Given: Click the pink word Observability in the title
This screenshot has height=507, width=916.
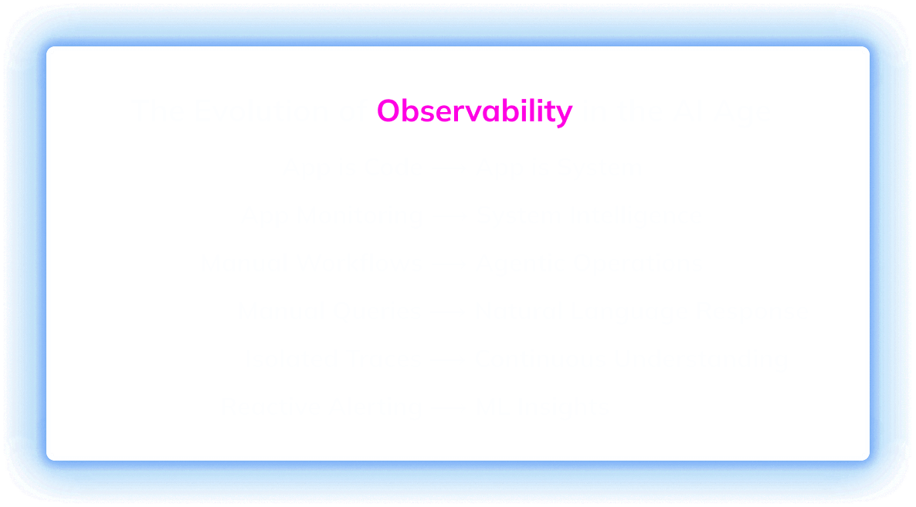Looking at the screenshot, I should (x=474, y=111).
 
